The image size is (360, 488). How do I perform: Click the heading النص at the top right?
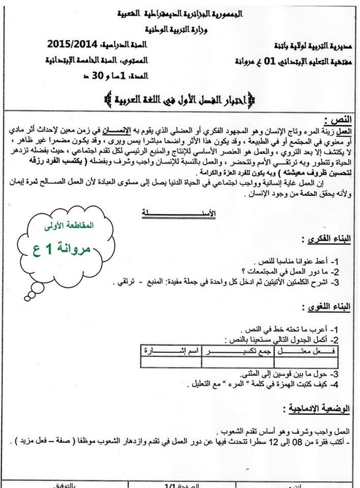point(337,119)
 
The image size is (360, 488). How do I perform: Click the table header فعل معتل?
point(315,350)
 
